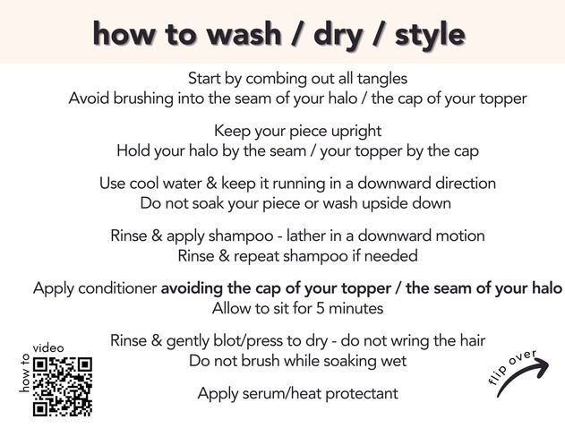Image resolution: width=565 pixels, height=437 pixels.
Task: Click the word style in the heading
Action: point(430,35)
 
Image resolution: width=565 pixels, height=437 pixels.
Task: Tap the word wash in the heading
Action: point(244,34)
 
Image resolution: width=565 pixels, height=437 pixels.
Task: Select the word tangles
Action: point(382,78)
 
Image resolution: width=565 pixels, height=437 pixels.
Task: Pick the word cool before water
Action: point(144,184)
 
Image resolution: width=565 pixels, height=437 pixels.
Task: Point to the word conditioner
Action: point(117,288)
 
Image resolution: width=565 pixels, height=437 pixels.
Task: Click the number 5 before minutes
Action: point(321,308)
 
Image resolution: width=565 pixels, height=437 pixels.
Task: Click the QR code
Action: point(63,387)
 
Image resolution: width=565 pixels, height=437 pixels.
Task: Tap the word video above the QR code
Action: point(48,348)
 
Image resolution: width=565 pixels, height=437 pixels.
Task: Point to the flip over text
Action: point(511,366)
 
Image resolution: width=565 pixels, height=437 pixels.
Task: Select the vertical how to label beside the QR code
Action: point(24,373)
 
